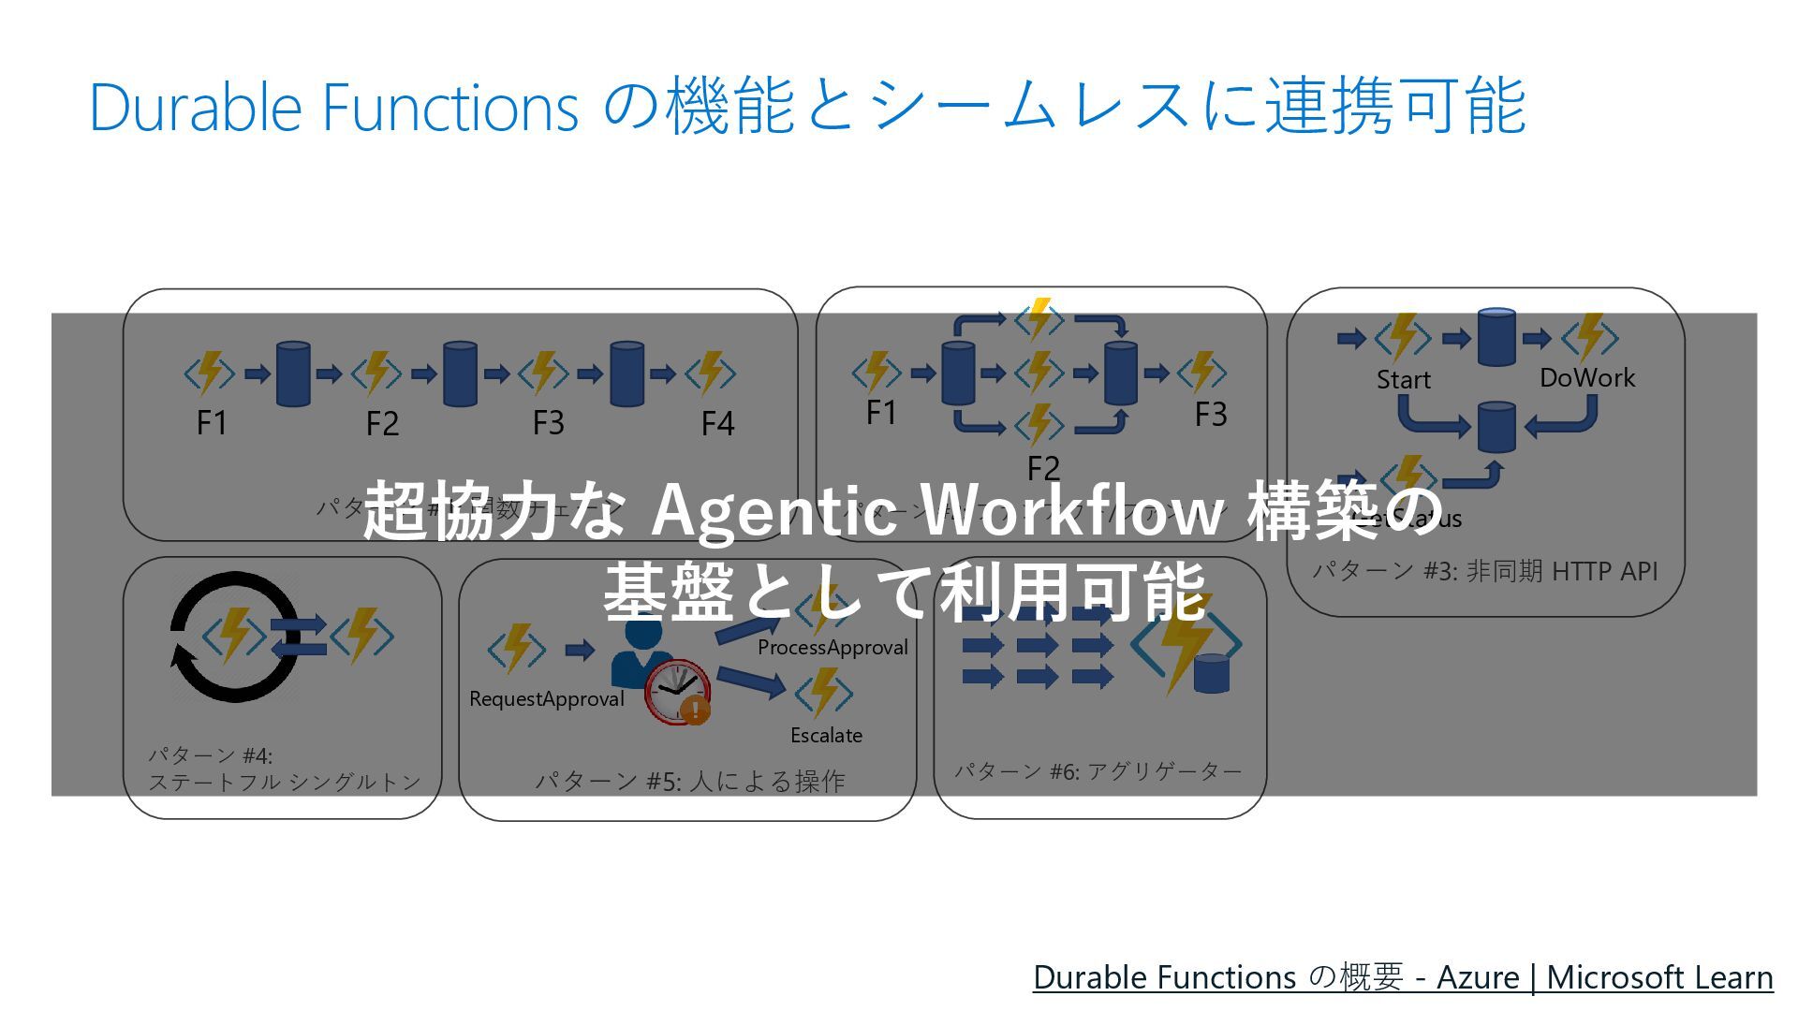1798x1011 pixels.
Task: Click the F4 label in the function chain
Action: coord(717,424)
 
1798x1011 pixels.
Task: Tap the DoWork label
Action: coord(1586,378)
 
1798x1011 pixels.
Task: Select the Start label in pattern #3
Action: coord(1403,380)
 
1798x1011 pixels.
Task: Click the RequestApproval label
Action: coord(546,699)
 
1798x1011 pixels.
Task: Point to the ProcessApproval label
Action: coord(833,648)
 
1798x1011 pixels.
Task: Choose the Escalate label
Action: coord(826,736)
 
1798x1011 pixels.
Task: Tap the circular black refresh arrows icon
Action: coord(234,637)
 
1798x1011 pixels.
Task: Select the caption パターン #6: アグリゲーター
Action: coord(1098,771)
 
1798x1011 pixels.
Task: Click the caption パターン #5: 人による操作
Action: coord(689,782)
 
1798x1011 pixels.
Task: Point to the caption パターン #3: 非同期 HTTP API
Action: coord(1484,571)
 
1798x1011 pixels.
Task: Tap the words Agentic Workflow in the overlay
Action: coord(936,511)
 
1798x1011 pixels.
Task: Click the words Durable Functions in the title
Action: coord(333,107)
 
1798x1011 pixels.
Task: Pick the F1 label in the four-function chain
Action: coord(212,423)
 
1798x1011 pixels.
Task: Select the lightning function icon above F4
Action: coord(711,373)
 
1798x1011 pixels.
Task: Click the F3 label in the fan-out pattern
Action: coord(1210,415)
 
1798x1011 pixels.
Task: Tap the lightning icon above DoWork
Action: coord(1589,337)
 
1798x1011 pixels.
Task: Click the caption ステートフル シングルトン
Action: coord(285,783)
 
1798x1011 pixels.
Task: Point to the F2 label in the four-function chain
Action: coord(382,424)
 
